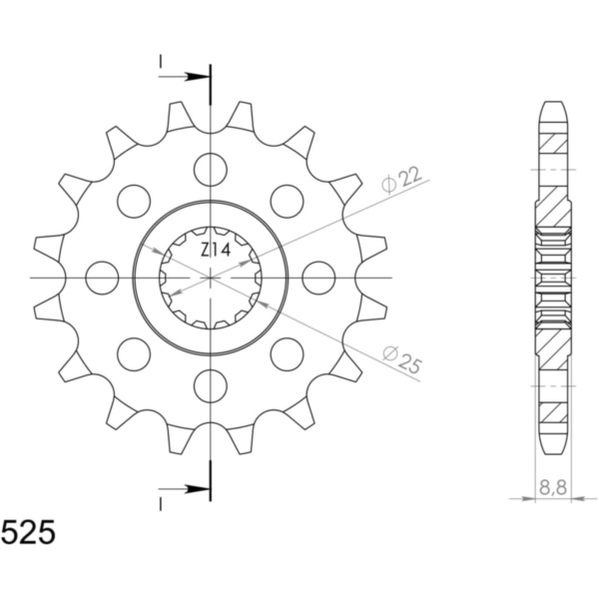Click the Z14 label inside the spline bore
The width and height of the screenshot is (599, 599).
tap(215, 251)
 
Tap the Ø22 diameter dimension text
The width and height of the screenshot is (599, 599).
tap(401, 180)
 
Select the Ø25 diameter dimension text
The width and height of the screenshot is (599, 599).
tap(402, 359)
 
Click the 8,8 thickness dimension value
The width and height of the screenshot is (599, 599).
tap(553, 488)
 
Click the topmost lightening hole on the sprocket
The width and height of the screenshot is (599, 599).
tap(211, 170)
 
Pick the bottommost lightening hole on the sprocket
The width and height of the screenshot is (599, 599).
tap(211, 385)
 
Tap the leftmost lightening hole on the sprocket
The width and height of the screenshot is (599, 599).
tap(102, 278)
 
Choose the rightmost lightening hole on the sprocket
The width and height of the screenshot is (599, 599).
tap(318, 278)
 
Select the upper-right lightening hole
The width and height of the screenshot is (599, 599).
tap(287, 202)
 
